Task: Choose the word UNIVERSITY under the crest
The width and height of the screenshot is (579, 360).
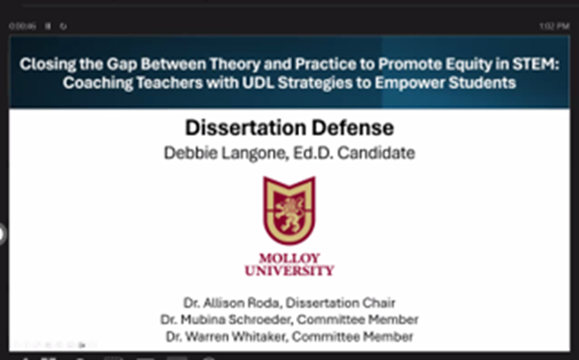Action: [x=289, y=270]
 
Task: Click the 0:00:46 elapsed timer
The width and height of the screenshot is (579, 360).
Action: [x=22, y=25]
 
